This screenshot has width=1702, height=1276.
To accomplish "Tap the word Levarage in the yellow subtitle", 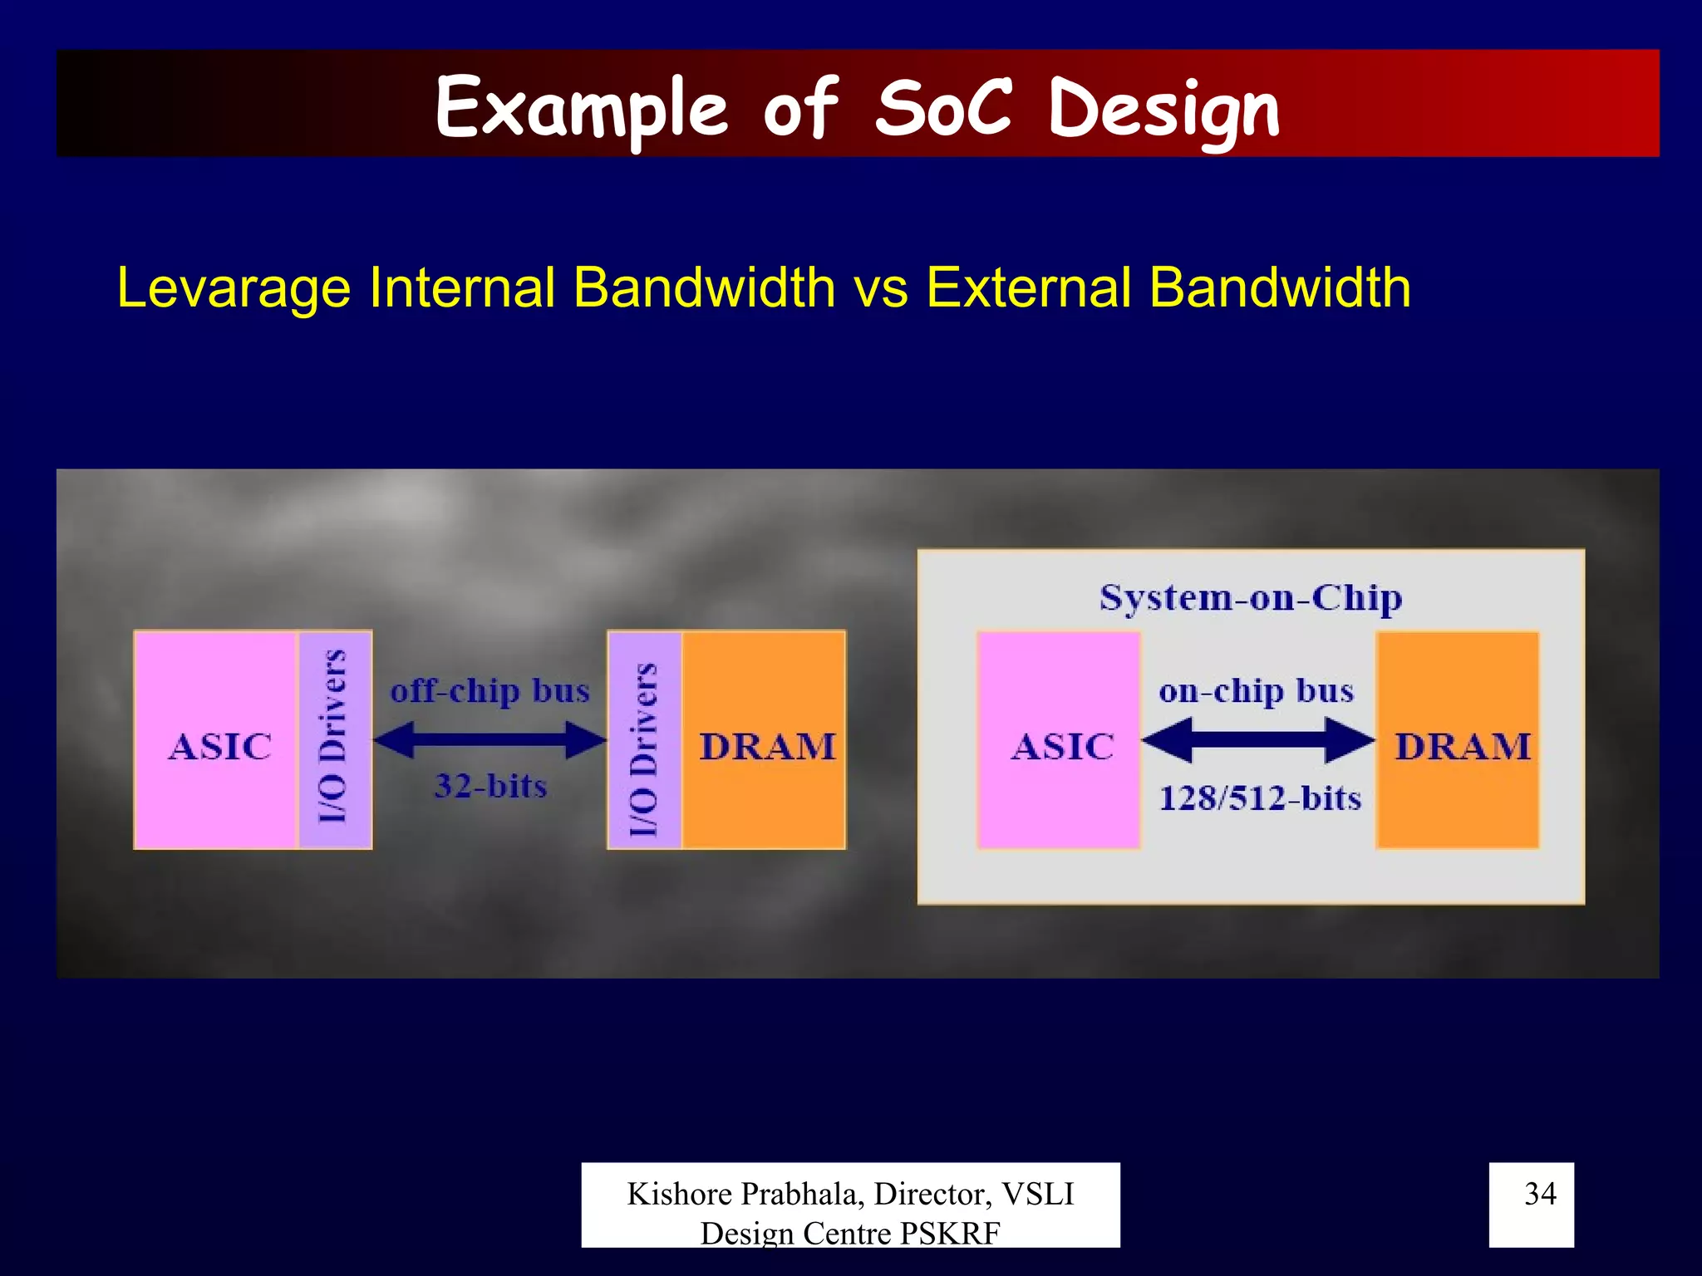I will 234,288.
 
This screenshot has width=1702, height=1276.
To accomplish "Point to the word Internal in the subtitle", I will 462,288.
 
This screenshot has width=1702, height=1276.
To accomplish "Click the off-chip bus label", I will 490,691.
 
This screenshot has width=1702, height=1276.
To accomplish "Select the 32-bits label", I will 490,786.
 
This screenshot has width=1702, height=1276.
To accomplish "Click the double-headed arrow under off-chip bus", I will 490,739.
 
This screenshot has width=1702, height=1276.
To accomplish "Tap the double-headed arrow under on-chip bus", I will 1257,739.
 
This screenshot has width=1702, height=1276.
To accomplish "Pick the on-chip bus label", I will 1257,691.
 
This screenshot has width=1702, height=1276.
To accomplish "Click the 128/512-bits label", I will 1260,798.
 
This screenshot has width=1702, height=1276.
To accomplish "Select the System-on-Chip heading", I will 1251,598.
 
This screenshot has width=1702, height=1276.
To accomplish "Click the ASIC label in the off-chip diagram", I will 220,747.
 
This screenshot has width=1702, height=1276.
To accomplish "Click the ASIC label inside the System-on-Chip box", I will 1063,747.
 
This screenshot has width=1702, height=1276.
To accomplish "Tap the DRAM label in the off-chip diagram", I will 767,747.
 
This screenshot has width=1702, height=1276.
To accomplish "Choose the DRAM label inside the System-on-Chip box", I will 1463,747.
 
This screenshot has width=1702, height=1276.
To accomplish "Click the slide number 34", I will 1540,1194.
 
